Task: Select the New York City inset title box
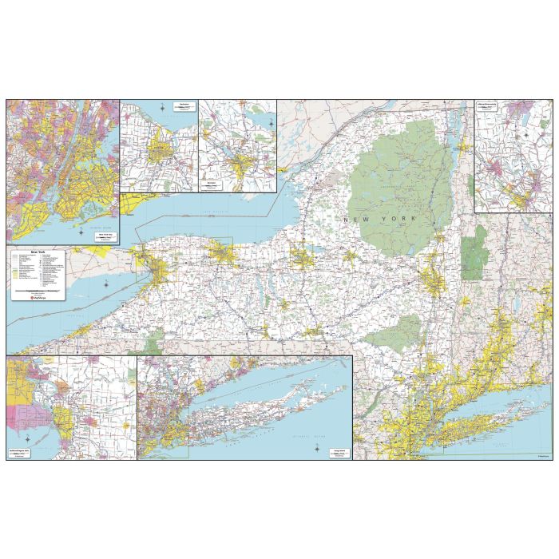click(104, 236)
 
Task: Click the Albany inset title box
click(487, 105)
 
